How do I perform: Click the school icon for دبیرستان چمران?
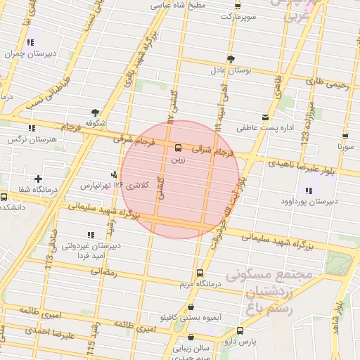pyautogui.click(x=30, y=42)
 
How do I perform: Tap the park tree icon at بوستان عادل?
pyautogui.click(x=231, y=58)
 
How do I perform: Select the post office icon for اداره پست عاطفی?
pyautogui.click(x=265, y=117)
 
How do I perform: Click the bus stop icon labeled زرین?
pyautogui.click(x=177, y=148)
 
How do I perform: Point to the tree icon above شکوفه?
pyautogui.click(x=94, y=112)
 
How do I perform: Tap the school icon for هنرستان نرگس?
pyautogui.click(x=31, y=128)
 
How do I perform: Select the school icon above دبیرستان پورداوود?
pyautogui.click(x=308, y=190)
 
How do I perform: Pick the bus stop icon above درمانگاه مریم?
pyautogui.click(x=200, y=273)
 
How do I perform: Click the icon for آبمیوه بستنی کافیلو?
pyautogui.click(x=191, y=307)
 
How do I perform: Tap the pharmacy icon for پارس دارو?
pyautogui.click(x=240, y=330)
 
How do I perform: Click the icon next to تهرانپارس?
pyautogui.click(x=115, y=174)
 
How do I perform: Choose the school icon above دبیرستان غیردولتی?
pyautogui.click(x=89, y=235)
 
